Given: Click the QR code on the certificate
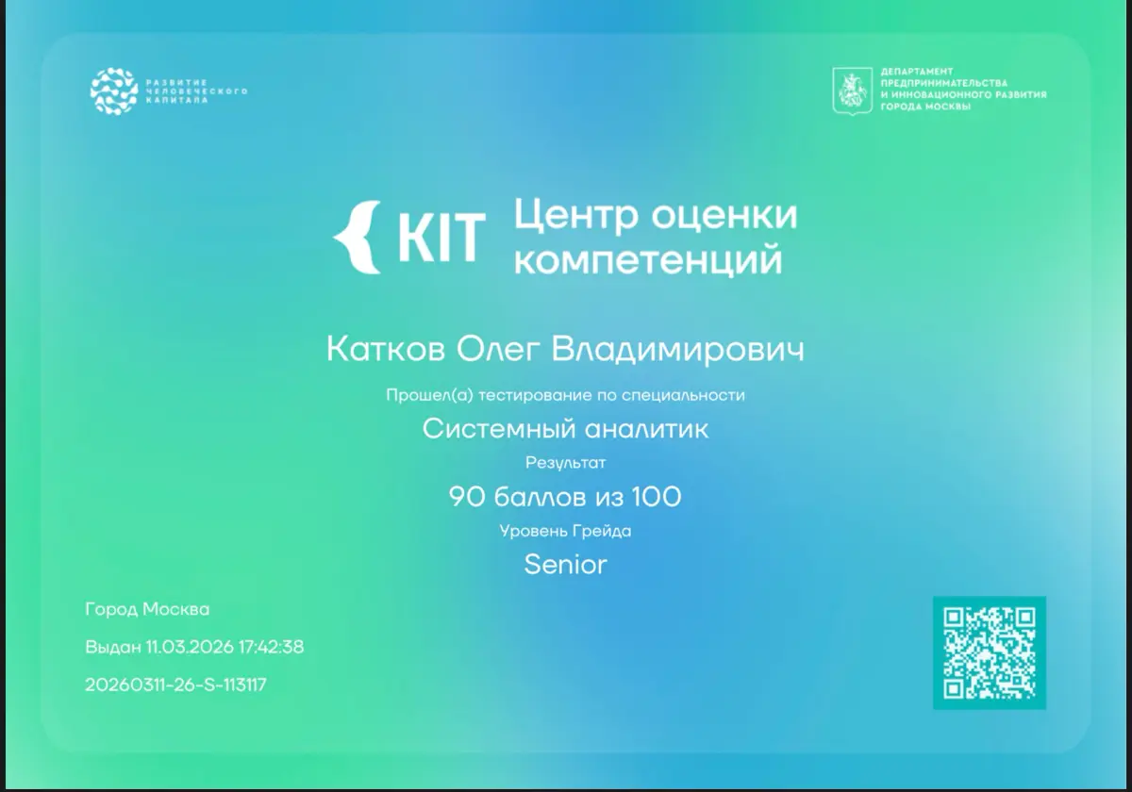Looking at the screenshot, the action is [x=989, y=652].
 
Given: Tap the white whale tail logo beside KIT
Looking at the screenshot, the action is [x=357, y=238].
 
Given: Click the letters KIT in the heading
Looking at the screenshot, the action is [x=441, y=237].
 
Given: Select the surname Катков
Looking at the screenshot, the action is [x=386, y=349].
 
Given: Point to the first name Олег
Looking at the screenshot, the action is [x=498, y=350].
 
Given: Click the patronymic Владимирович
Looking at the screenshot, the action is [x=677, y=350].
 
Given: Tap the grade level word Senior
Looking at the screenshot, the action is [x=565, y=564].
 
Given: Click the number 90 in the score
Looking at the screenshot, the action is [x=465, y=497].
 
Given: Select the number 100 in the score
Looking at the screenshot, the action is [x=657, y=497].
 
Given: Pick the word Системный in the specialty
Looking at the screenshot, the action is [x=499, y=429].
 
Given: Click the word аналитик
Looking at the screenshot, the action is [x=646, y=429].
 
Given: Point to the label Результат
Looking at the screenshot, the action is [x=565, y=463].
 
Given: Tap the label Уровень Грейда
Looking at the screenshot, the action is [x=565, y=531].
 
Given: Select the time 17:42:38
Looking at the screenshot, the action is [x=271, y=647].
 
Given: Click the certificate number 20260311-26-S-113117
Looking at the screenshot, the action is [x=175, y=685].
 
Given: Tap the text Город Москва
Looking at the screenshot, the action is [x=147, y=609].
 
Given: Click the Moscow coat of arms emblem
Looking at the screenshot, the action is [x=852, y=91].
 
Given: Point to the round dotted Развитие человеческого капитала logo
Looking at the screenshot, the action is [x=114, y=91].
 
